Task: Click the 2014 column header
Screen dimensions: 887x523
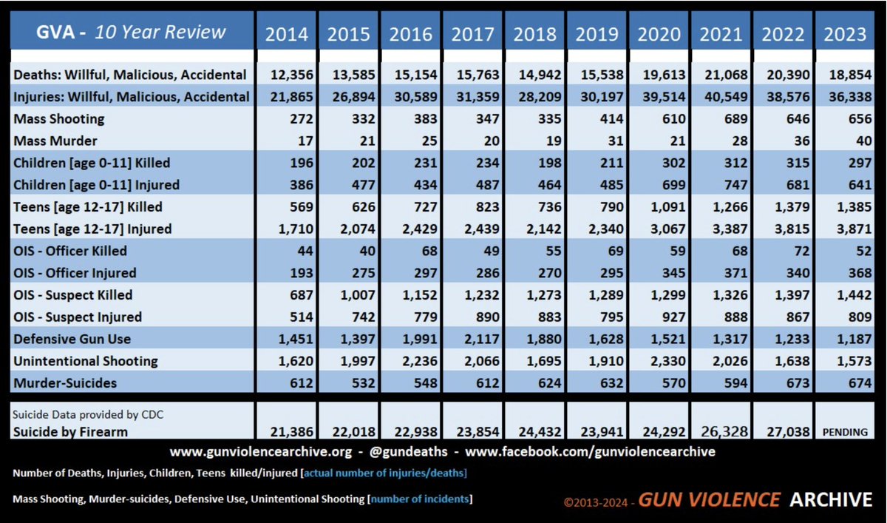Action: (286, 34)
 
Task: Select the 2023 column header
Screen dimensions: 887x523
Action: (845, 34)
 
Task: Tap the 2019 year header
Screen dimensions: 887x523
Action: (597, 34)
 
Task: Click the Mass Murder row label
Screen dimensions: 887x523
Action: (55, 141)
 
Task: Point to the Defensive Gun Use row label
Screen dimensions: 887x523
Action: (72, 339)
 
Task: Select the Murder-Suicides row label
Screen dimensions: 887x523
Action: (65, 382)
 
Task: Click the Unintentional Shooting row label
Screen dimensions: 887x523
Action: (86, 361)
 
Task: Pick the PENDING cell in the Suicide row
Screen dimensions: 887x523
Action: (845, 432)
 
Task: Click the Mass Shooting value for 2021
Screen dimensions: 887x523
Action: (735, 118)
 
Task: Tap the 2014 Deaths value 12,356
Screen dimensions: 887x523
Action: (291, 75)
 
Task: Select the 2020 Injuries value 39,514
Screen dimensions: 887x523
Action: (664, 97)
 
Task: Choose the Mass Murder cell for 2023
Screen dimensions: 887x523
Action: (863, 141)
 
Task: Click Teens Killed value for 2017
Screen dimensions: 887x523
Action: (487, 207)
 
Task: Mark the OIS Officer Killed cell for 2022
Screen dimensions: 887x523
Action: (802, 251)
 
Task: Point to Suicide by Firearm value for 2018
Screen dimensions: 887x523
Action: (540, 431)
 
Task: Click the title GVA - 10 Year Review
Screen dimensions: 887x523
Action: (131, 32)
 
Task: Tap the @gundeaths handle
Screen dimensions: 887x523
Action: (408, 452)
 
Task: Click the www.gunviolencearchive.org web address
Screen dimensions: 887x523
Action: (260, 452)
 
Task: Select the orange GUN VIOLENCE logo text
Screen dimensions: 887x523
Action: (709, 499)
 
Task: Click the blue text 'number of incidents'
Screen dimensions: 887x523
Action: (420, 499)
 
